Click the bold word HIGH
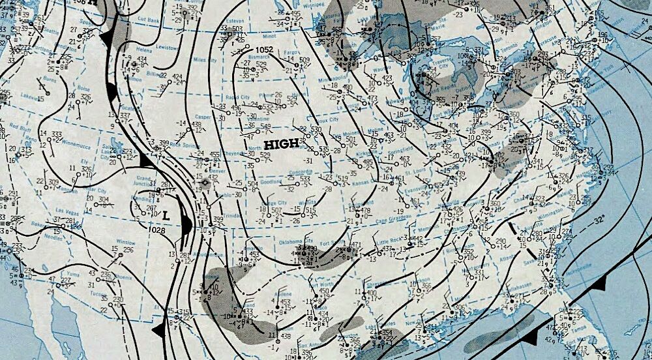[282, 143]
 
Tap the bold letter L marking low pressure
[166, 214]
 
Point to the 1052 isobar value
[264, 50]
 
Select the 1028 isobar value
[156, 230]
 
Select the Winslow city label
[126, 241]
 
